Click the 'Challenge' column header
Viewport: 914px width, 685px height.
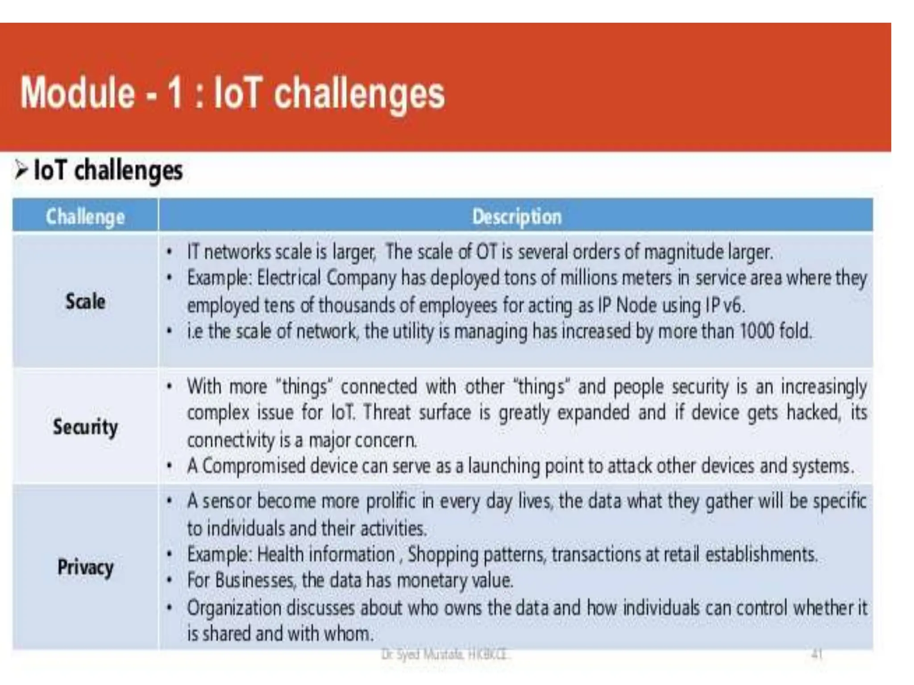tap(85, 217)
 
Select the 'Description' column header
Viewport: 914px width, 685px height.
tap(516, 217)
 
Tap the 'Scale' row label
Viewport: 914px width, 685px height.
tap(85, 301)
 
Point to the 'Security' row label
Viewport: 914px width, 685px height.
tap(85, 427)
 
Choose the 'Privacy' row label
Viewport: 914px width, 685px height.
tap(85, 567)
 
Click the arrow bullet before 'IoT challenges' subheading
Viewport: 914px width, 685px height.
tap(21, 170)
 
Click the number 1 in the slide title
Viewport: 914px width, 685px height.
tap(174, 94)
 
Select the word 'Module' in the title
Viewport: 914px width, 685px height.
tap(77, 94)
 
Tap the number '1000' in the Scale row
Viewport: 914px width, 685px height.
tap(757, 331)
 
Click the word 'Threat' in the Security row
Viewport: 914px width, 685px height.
tap(386, 413)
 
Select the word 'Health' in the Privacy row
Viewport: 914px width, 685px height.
tap(280, 555)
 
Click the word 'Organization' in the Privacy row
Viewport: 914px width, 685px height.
tap(233, 608)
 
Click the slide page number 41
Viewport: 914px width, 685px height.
tap(816, 655)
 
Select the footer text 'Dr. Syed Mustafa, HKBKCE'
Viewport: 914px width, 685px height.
tap(445, 655)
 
